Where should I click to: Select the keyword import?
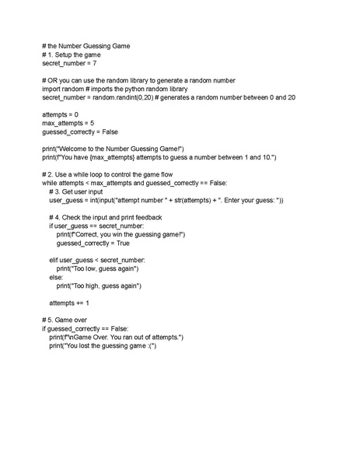[53, 89]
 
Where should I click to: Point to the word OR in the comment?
[53, 80]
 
